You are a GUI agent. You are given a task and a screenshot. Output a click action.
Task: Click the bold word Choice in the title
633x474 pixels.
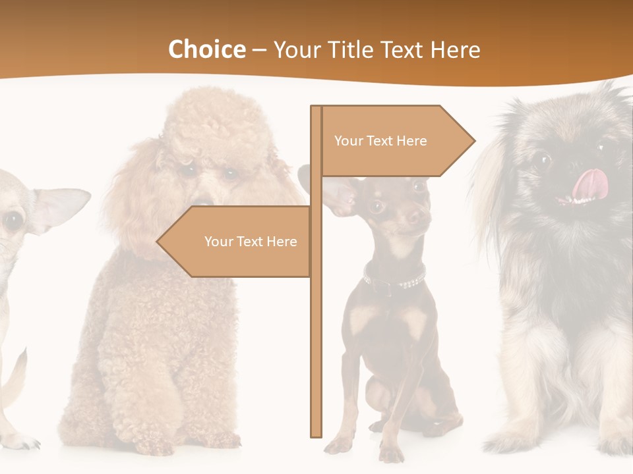[x=206, y=49]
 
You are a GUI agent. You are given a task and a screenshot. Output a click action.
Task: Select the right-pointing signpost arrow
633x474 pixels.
[x=396, y=141]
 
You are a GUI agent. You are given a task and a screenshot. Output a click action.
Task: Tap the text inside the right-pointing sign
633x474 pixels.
[x=380, y=141]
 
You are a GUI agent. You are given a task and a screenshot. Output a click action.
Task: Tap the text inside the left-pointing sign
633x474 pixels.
[x=251, y=242]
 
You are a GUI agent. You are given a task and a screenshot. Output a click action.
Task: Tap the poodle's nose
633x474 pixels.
[x=204, y=200]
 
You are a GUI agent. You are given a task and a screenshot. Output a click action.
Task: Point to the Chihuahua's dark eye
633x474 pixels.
[x=13, y=221]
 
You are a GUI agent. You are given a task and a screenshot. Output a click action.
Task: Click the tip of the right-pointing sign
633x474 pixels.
[x=472, y=140]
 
